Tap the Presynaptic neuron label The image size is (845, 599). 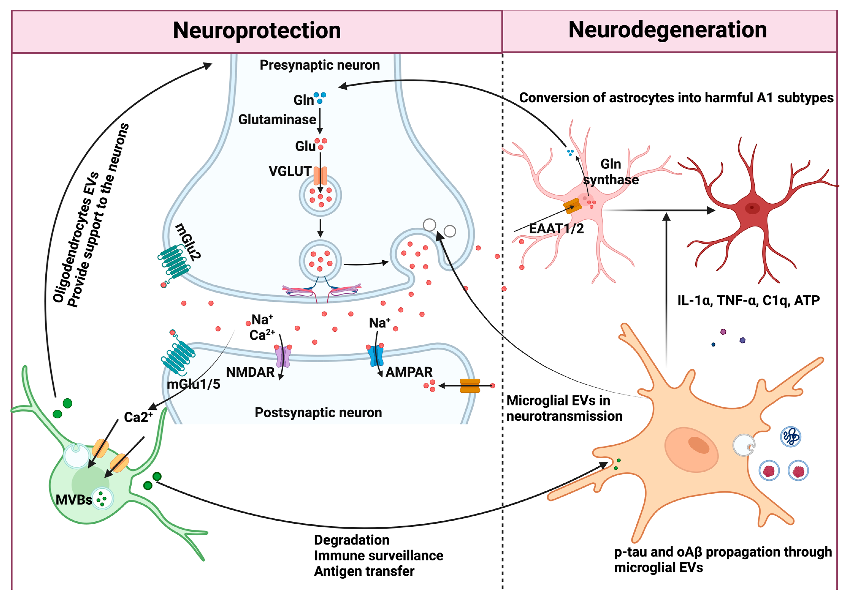[x=320, y=65]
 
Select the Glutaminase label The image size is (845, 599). [x=277, y=119]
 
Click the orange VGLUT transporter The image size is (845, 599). [x=320, y=176]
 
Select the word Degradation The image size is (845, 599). [x=352, y=540]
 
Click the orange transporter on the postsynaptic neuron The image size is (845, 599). [x=470, y=386]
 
